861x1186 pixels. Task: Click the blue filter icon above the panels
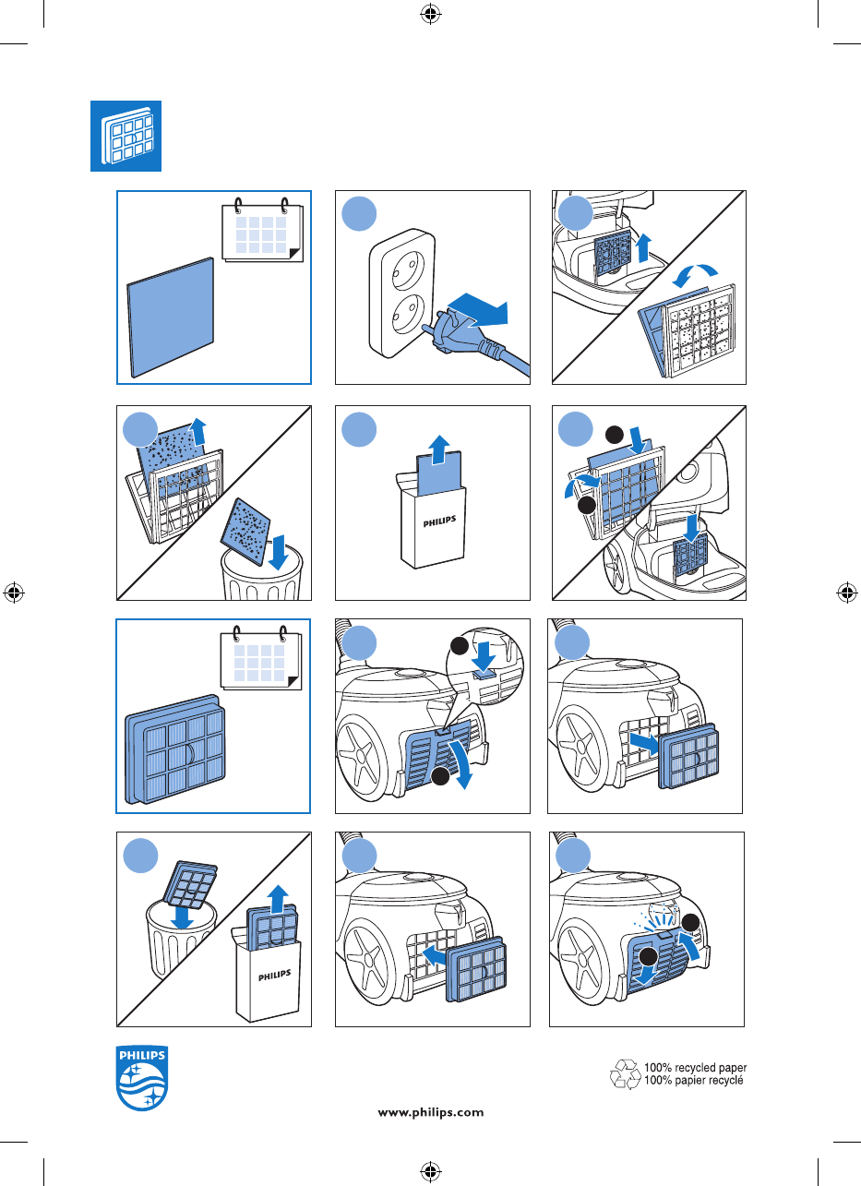tap(126, 136)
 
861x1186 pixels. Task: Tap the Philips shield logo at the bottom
tap(142, 1078)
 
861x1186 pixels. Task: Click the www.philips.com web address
tap(430, 1112)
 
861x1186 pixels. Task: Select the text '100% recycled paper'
tap(695, 1067)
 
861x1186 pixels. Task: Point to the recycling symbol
tap(626, 1074)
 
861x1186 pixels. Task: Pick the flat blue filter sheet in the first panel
tap(171, 317)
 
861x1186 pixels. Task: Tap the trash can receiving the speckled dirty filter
tap(262, 573)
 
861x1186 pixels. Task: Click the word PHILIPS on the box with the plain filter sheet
tap(439, 521)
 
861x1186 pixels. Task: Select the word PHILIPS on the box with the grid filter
tap(274, 975)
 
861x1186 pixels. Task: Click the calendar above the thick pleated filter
tap(261, 658)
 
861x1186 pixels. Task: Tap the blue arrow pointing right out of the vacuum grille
tap(644, 742)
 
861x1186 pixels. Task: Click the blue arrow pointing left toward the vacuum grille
tap(436, 955)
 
